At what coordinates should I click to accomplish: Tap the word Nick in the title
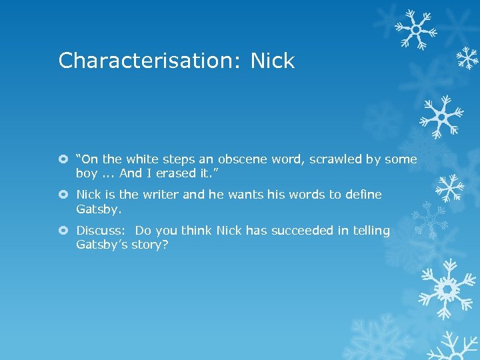click(272, 61)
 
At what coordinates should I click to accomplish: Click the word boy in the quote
click(87, 173)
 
